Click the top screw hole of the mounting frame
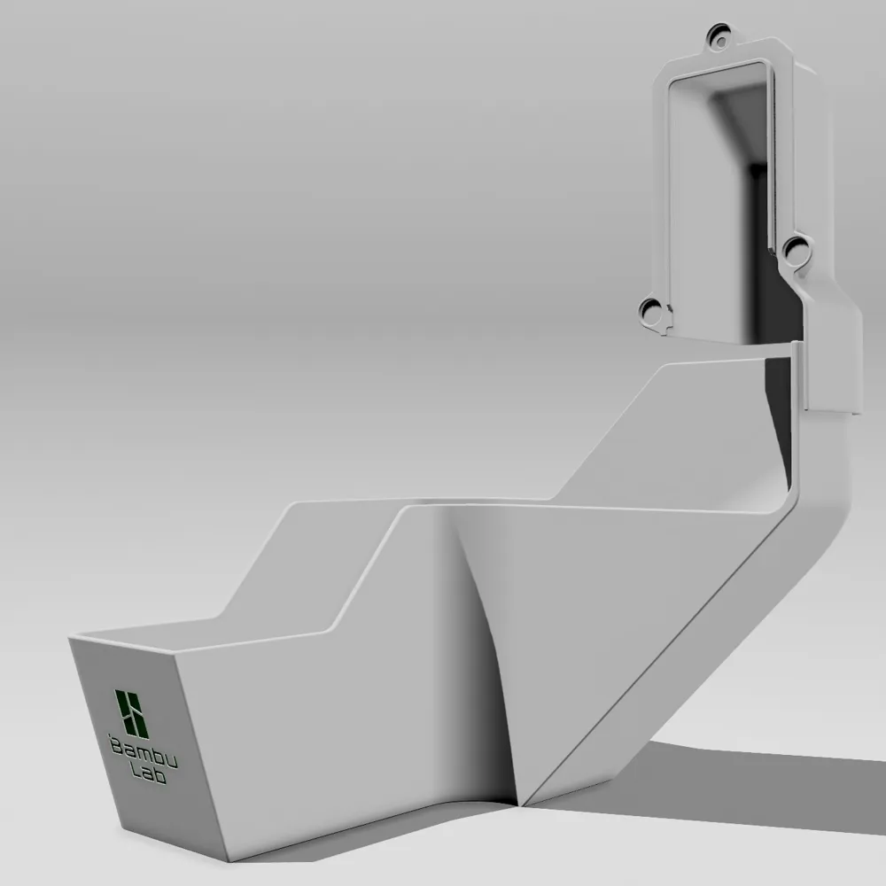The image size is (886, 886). (721, 39)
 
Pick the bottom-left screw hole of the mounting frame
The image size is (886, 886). (651, 311)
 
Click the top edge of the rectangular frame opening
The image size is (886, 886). (718, 69)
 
